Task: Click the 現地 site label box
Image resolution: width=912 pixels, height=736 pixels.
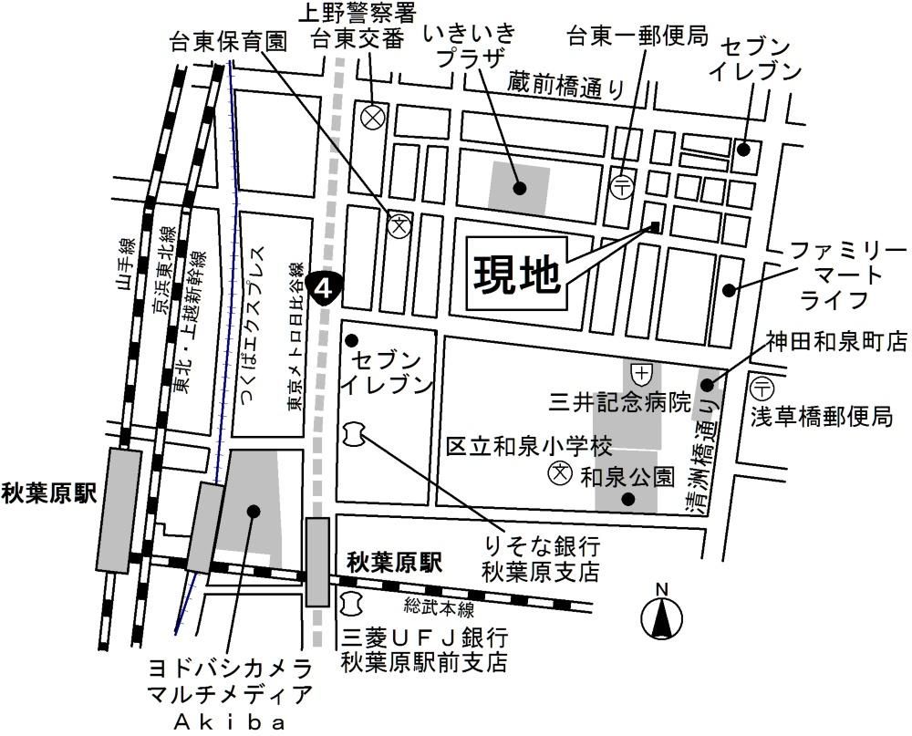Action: [x=516, y=272]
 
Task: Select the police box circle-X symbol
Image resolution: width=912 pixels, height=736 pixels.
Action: [x=372, y=117]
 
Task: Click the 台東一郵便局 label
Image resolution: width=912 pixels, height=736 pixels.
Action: [x=637, y=36]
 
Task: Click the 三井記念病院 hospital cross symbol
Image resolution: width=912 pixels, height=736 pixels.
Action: [x=642, y=372]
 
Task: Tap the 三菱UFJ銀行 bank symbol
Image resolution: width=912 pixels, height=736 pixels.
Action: [x=351, y=602]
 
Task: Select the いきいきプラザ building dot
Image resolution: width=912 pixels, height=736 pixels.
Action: [x=519, y=189]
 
